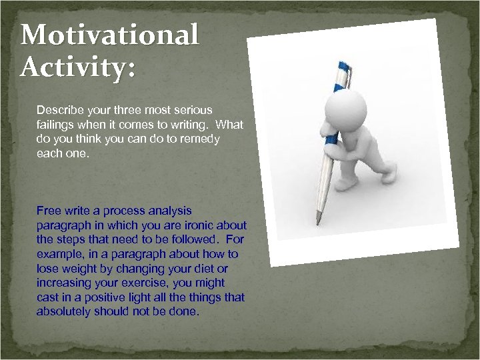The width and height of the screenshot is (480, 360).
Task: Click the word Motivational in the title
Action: pyautogui.click(x=110, y=35)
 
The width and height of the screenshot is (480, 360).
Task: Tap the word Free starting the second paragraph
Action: pyautogui.click(x=49, y=211)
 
